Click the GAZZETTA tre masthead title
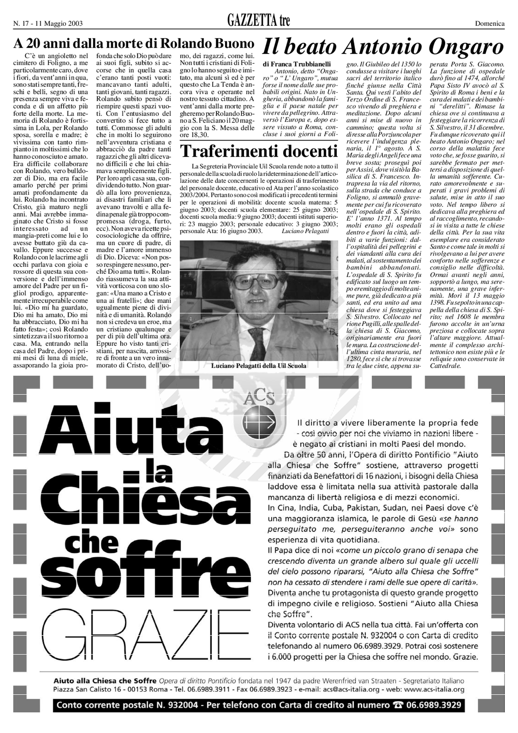point(258,21)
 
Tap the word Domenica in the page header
point(490,23)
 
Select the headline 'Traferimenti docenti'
point(259,151)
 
